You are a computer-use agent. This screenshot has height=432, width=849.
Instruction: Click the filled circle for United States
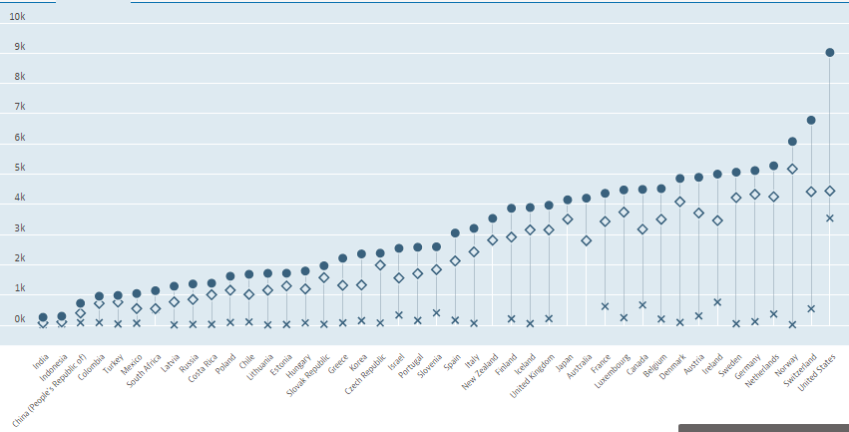coord(830,53)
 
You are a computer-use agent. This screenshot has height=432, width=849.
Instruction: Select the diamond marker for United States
coord(830,191)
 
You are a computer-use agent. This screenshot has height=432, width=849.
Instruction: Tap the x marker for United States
coord(830,217)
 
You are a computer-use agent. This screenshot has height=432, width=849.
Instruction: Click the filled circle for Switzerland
coord(811,120)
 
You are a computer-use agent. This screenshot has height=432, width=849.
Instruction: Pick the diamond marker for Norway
coord(792,169)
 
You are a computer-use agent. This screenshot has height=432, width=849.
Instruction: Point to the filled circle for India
coord(43,317)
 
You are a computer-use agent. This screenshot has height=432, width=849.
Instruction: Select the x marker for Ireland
coord(717,301)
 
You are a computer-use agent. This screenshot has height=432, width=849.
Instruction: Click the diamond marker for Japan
coord(568,219)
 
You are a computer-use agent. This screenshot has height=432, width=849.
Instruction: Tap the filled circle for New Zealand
coord(492,218)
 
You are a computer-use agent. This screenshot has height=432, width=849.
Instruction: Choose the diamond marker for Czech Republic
coord(380,265)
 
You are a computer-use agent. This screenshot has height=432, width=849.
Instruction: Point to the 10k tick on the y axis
coord(19,17)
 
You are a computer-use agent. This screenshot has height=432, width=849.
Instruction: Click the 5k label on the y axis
coord(19,168)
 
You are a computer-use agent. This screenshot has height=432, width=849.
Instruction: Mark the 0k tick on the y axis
coord(19,319)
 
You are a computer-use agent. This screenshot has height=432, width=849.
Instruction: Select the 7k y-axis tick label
coord(19,107)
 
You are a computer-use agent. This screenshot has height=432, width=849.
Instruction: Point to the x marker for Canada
coord(642,304)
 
